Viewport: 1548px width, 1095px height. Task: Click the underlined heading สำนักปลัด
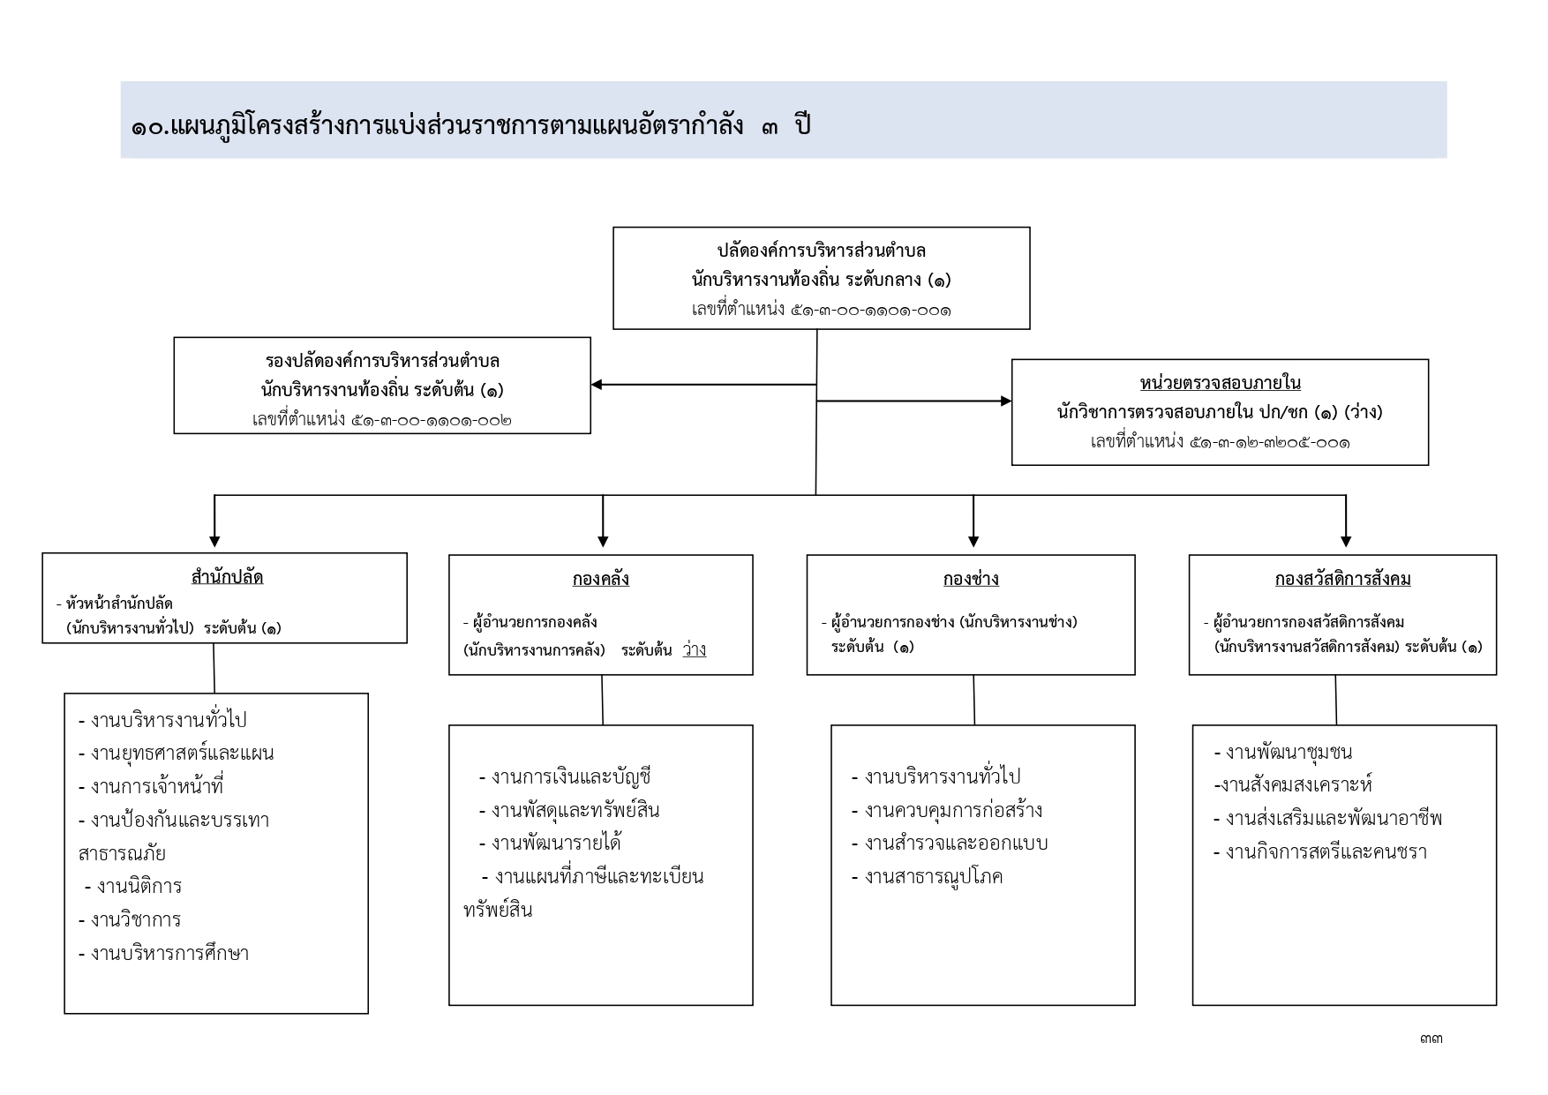[x=227, y=577]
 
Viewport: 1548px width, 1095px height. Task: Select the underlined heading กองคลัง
[x=601, y=579]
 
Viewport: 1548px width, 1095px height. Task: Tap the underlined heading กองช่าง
[x=971, y=579]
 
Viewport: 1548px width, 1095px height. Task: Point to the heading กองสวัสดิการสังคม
[x=1342, y=579]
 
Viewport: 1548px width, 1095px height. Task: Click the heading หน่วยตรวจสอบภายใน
[x=1220, y=383]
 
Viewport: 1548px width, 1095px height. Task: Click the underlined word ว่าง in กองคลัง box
[x=695, y=650]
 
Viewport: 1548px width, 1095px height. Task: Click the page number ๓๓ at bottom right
[x=1431, y=1039]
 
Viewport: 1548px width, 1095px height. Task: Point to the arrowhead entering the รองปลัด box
[x=597, y=385]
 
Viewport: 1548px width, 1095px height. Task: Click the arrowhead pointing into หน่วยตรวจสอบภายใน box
[x=1006, y=401]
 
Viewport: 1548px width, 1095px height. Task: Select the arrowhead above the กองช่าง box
[x=973, y=541]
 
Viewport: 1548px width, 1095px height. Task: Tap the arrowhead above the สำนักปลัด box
[x=214, y=541]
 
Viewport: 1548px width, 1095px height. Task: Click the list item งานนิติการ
[x=133, y=886]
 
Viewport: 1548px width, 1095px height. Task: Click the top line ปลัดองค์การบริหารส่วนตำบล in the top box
[x=821, y=251]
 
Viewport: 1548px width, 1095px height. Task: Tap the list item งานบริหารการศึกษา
[x=163, y=953]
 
